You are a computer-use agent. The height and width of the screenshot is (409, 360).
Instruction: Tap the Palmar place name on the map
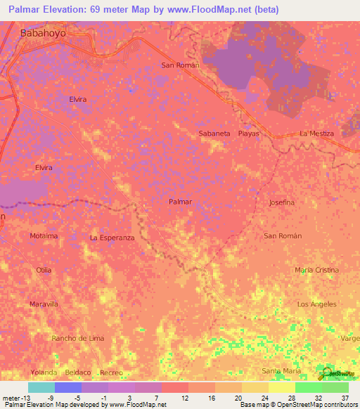point(181,202)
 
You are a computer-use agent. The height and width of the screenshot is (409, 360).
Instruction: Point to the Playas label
point(249,133)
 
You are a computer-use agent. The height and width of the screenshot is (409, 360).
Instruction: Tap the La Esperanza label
point(112,238)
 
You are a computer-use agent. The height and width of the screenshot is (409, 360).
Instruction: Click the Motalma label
point(44,236)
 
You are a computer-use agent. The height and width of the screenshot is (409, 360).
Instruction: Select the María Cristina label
point(316,270)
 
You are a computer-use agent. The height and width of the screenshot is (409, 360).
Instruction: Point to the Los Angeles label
point(317,304)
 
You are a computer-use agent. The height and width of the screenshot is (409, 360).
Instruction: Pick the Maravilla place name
point(43,304)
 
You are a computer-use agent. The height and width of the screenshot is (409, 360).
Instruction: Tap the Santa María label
point(281,370)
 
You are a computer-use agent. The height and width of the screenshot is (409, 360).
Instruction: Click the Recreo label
point(111,372)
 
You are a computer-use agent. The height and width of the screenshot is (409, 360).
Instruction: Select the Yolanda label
point(43,372)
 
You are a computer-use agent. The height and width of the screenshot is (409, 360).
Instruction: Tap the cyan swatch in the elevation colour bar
point(41,387)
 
